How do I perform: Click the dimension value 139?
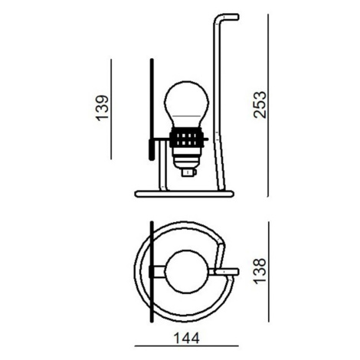tap(102, 108)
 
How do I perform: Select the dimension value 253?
tap(260, 104)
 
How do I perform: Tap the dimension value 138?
tap(260, 271)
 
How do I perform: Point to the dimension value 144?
tap(186, 339)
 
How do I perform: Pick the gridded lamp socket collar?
tap(187, 138)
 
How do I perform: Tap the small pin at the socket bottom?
tap(188, 172)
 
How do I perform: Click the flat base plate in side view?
tap(184, 194)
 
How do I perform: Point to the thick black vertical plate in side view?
tap(152, 110)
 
